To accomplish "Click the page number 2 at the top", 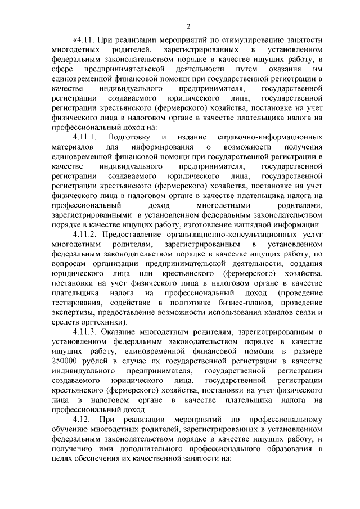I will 189,25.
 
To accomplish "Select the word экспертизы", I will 71,313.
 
